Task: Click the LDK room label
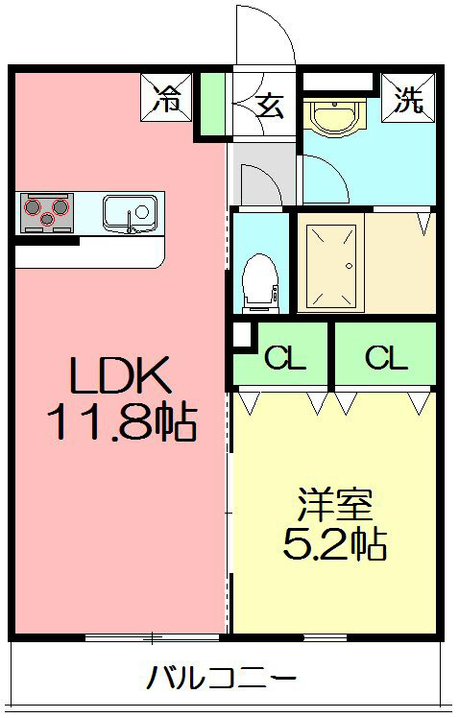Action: pos(120,375)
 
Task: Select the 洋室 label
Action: pos(334,504)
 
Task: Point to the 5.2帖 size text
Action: pos(334,544)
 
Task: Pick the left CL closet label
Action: pos(284,358)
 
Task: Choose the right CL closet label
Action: pos(385,358)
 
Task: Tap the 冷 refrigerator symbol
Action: pos(169,98)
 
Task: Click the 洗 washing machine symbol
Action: pos(409,98)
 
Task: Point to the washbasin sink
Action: pos(333,121)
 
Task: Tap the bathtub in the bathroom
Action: pos(328,267)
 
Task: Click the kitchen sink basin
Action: pos(129,210)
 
